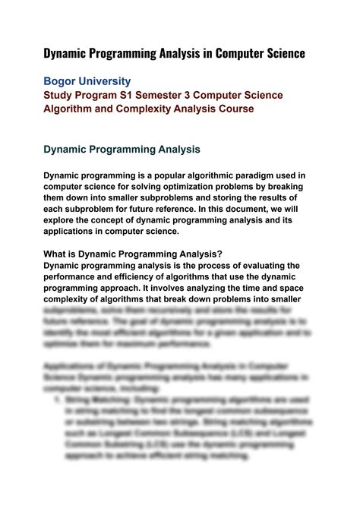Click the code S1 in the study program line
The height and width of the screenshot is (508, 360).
tap(124, 96)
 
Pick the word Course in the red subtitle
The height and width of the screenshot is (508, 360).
tap(234, 109)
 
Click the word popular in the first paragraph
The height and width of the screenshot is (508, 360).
tap(164, 175)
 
